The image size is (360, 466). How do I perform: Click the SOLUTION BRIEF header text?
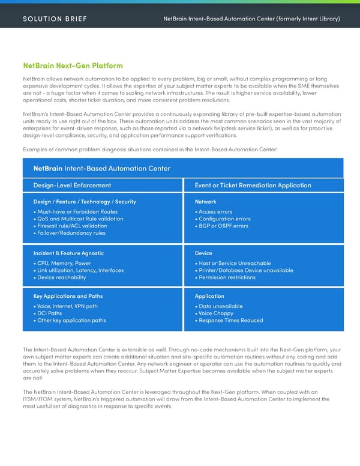pos(55,19)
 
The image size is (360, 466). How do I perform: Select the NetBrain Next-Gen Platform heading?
pos(73,65)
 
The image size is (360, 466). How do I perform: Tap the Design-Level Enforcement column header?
pos(72,185)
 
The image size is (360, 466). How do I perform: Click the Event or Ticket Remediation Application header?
pos(253,185)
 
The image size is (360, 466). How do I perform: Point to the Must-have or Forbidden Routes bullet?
pos(77,211)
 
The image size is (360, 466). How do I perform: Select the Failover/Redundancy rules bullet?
pos(71,233)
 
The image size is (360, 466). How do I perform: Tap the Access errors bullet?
pos(215,211)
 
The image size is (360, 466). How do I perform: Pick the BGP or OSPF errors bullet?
pos(223,226)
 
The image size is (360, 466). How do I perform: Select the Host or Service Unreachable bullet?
pos(234,263)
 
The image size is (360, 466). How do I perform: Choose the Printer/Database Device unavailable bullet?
pos(245,270)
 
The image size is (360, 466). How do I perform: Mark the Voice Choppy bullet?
pos(215,313)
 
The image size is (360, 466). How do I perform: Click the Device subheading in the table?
pos(203,253)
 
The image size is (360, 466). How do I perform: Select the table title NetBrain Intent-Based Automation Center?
pos(101,168)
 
